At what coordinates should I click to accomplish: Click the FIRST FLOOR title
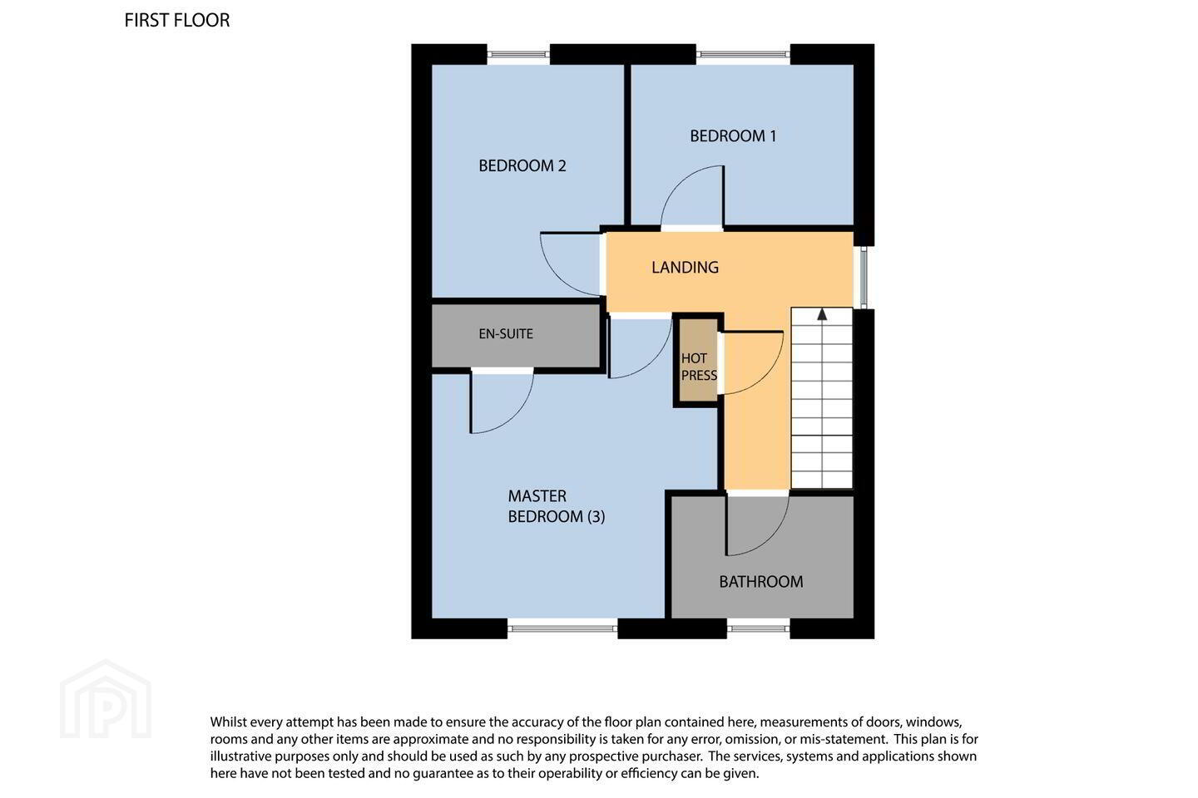177,20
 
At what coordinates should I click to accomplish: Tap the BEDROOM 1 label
733,136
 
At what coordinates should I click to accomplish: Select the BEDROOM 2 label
522,165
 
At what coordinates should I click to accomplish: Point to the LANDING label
685,268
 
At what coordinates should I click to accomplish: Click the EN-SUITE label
506,334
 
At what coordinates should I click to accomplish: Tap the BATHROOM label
760,582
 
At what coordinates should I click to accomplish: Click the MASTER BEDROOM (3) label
557,506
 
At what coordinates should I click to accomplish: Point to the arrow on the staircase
822,314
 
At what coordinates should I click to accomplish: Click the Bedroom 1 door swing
679,185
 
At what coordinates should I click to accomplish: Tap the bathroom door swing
773,539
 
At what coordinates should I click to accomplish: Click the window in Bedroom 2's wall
518,54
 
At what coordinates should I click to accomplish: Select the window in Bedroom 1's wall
743,54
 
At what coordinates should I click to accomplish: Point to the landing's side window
864,278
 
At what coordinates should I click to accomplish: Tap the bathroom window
759,628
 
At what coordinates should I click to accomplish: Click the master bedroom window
562,628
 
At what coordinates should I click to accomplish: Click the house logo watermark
106,699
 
